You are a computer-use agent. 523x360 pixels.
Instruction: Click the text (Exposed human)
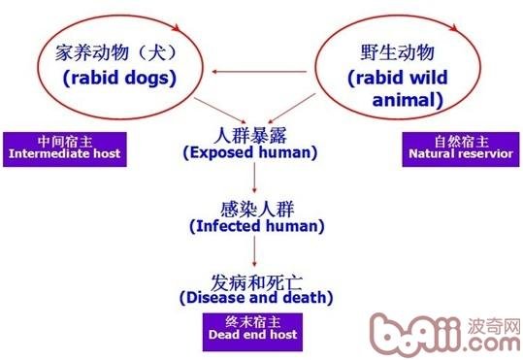click(251, 152)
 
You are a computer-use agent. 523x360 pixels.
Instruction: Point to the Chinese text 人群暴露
click(251, 134)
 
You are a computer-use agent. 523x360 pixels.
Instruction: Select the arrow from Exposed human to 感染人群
click(252, 177)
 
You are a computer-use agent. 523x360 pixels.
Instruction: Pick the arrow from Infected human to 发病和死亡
click(252, 249)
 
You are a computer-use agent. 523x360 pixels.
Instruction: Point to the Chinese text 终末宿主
click(251, 319)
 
